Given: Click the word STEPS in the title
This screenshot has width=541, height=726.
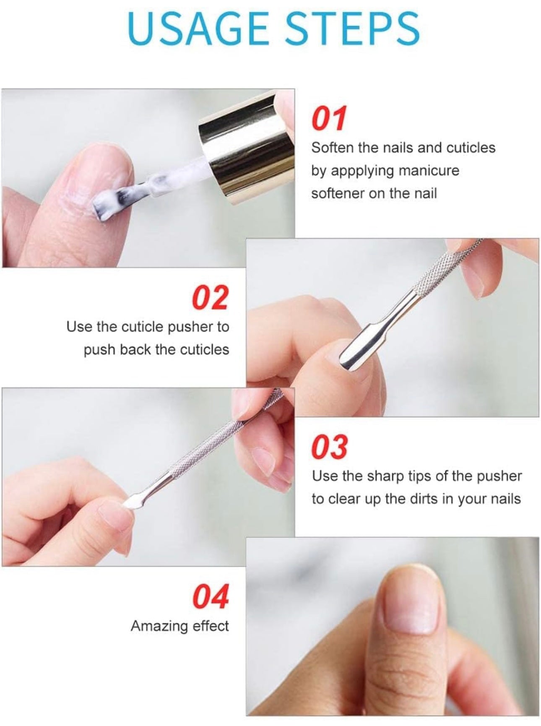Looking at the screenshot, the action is pyautogui.click(x=347, y=28).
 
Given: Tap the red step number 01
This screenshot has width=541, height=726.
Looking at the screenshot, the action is pyautogui.click(x=329, y=119).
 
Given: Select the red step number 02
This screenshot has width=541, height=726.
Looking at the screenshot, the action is pyautogui.click(x=211, y=297).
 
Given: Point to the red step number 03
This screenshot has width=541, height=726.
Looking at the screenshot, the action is pyautogui.click(x=330, y=447).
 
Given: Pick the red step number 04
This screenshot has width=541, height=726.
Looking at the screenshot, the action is pyautogui.click(x=211, y=596).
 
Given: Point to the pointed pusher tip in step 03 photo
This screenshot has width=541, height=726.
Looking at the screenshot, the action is pyautogui.click(x=130, y=500).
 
